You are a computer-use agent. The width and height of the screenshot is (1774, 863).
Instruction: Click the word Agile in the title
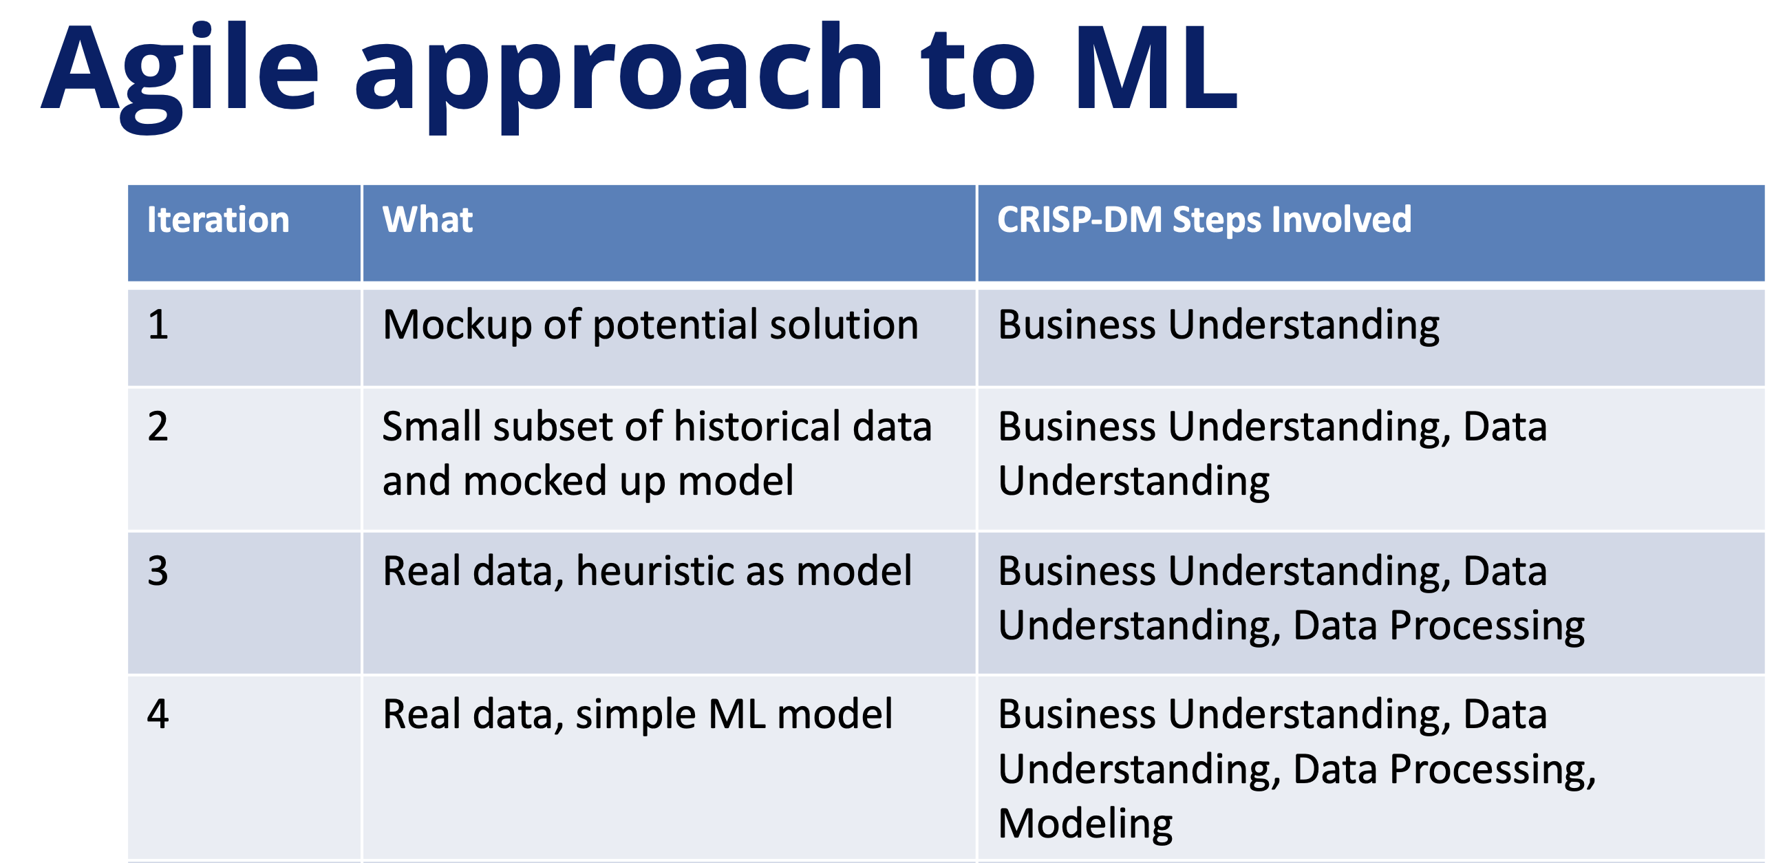[180, 76]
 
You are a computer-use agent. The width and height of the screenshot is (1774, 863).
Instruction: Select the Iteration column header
[218, 220]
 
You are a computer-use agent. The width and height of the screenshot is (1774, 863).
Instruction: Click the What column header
[427, 220]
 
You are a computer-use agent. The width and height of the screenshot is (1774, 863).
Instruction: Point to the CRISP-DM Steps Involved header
[1204, 220]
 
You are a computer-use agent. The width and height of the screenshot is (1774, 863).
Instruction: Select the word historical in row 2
[758, 426]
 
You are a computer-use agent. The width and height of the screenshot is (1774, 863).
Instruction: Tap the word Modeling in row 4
[1085, 824]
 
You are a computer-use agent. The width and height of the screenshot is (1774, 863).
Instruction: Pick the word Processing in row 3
[1487, 627]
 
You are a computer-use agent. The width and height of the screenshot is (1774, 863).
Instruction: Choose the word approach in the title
[618, 76]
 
